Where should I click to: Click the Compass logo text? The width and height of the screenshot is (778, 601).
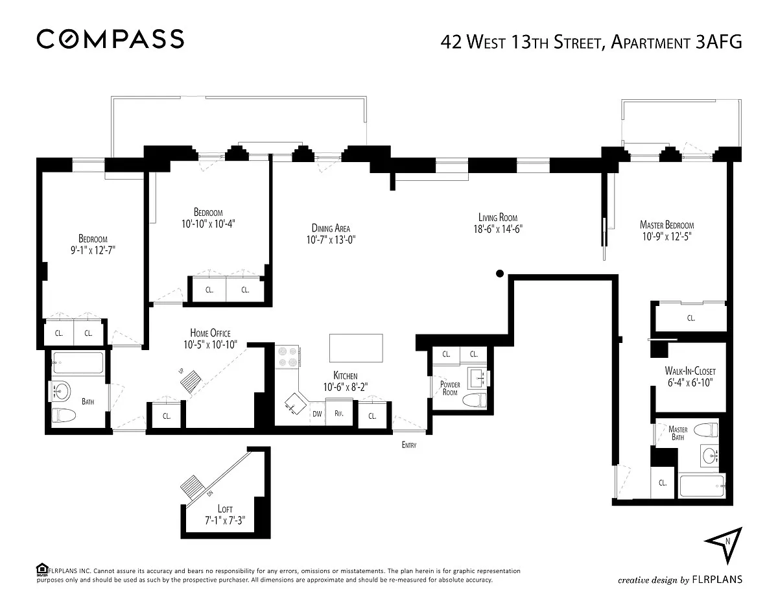[x=110, y=39]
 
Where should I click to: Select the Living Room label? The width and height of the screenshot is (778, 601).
[x=498, y=217]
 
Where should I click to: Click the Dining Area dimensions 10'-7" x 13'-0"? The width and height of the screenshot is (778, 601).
[x=331, y=240]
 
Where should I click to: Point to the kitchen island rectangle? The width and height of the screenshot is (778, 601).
[x=356, y=348]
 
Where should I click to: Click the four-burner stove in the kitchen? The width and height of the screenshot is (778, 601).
[x=287, y=357]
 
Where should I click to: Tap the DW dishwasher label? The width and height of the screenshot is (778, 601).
[x=317, y=414]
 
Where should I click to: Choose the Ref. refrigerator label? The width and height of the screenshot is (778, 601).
[x=338, y=414]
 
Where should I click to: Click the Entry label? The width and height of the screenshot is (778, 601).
[x=409, y=445]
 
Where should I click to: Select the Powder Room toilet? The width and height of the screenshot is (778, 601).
[x=475, y=400]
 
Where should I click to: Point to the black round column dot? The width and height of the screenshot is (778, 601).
[x=500, y=274]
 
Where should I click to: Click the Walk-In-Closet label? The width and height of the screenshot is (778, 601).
[x=690, y=370]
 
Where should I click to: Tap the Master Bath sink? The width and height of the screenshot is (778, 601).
[x=709, y=456]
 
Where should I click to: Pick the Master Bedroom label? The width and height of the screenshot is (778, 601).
[x=666, y=225]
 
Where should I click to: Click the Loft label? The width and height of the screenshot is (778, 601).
[x=225, y=509]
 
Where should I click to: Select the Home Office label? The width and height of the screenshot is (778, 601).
[x=210, y=333]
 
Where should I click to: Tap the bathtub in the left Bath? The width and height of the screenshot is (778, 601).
[x=78, y=362]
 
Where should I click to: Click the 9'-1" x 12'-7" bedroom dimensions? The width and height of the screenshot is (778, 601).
[x=93, y=250]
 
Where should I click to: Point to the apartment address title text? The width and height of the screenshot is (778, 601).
[x=591, y=42]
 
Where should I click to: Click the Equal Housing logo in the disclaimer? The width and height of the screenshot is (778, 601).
[x=42, y=569]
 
